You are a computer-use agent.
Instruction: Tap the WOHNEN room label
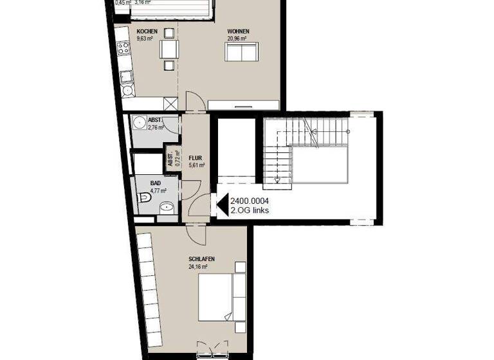(x=238, y=31)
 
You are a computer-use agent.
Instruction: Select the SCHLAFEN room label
(x=201, y=259)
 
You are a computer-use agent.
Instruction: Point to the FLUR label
(x=196, y=157)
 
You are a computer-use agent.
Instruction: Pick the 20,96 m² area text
(x=238, y=38)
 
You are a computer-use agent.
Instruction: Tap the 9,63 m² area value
(x=145, y=39)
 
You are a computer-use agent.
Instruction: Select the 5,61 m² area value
(x=196, y=165)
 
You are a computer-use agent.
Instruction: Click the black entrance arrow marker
(x=219, y=205)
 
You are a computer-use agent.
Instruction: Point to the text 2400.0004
(x=249, y=201)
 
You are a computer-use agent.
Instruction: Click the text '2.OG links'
(x=250, y=211)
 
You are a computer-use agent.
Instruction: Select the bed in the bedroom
(x=219, y=297)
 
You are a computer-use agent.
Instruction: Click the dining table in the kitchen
(x=169, y=50)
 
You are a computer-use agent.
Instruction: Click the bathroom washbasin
(x=167, y=207)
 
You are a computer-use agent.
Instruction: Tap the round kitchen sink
(x=127, y=90)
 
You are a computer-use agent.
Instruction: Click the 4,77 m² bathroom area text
(x=158, y=191)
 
